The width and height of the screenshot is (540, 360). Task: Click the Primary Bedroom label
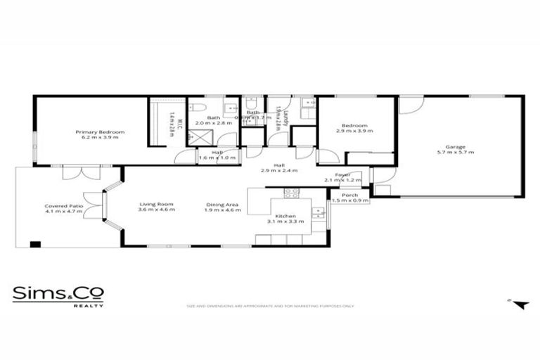(x=100, y=132)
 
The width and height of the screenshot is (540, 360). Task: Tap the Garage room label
(x=455, y=146)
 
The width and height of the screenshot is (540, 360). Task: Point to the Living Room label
(x=155, y=205)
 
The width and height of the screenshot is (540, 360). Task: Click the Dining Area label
(x=222, y=205)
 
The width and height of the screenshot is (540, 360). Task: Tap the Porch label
(x=349, y=195)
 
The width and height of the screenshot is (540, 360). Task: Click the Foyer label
(x=342, y=174)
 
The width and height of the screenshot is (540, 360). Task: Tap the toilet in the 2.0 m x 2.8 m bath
(x=200, y=108)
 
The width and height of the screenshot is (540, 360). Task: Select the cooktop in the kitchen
(x=292, y=193)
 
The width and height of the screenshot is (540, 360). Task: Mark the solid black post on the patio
(x=34, y=244)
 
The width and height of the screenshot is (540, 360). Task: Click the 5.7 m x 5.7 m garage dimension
(x=455, y=152)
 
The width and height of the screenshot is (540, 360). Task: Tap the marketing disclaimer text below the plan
(x=270, y=306)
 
